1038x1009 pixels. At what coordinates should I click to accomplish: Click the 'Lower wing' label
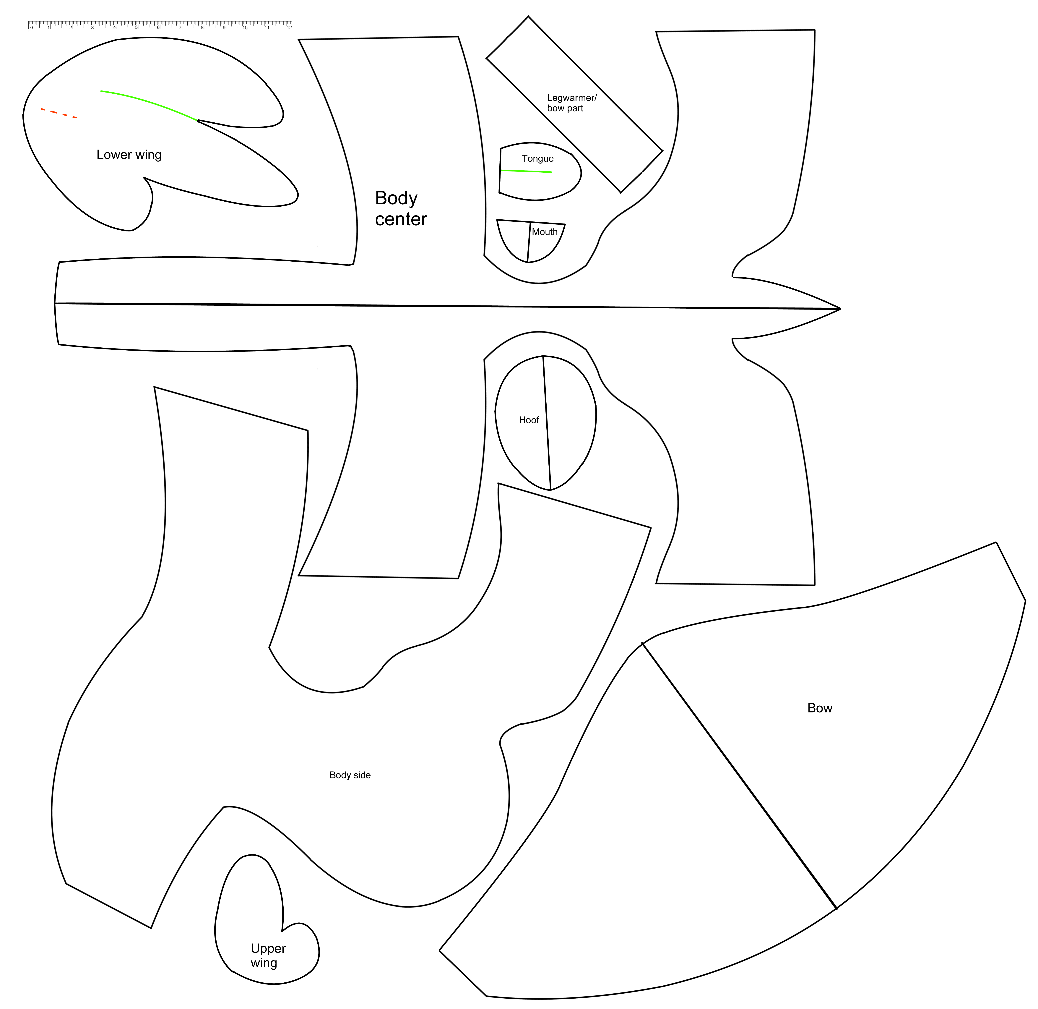click(129, 155)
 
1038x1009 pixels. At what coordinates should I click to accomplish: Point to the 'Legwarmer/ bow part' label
click(571, 103)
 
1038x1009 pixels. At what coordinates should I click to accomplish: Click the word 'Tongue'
click(537, 158)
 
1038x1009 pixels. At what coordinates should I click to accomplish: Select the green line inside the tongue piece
click(526, 171)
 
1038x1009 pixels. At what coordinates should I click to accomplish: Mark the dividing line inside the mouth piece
click(529, 242)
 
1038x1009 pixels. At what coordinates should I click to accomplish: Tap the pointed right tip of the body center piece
click(839, 308)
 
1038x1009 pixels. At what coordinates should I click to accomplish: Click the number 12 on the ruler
click(289, 27)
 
